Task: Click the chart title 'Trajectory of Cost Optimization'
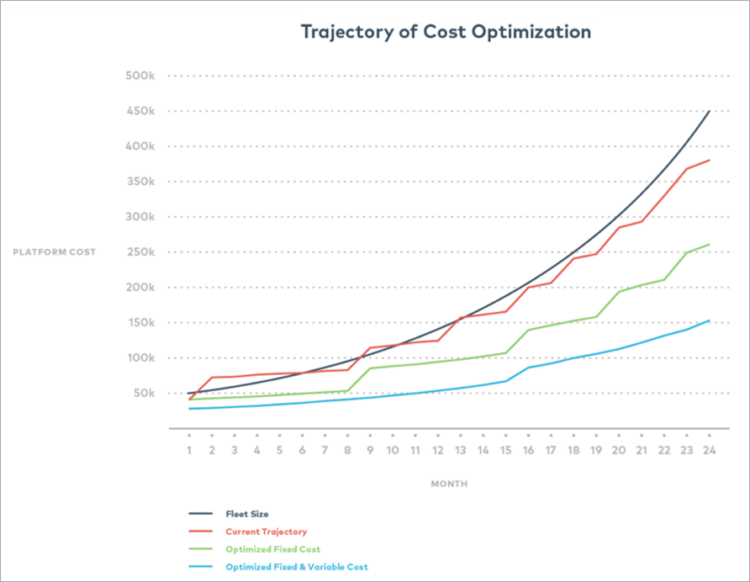446,32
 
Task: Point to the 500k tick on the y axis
140,76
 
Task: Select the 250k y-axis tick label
140,252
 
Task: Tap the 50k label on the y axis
143,394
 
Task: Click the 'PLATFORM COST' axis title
54,252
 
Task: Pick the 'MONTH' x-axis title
449,484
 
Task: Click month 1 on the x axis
189,451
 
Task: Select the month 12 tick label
437,451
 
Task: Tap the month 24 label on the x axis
709,451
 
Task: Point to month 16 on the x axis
528,451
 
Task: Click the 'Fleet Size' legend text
247,512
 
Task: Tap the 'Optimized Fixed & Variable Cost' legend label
296,568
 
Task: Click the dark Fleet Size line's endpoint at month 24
710,111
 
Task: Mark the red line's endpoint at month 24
710,160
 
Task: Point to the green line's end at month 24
710,245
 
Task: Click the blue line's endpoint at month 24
710,320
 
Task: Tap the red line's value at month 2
212,378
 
